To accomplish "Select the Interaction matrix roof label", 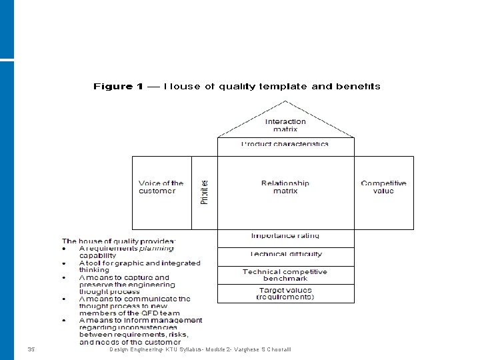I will [285, 125].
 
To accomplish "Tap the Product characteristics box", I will [285, 144].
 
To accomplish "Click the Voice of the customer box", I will [161, 187].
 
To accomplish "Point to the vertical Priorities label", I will [205, 192].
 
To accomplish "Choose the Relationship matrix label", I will [285, 187].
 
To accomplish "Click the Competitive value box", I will [383, 187].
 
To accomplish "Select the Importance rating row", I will [285, 236].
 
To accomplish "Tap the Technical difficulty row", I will [285, 254].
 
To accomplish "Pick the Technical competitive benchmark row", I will [285, 275].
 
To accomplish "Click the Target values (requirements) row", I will [285, 293].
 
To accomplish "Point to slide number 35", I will [31, 349].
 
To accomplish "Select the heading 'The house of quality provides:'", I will [119, 241].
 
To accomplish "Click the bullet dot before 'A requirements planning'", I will [65, 248].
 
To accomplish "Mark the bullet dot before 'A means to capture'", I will [65, 277].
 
